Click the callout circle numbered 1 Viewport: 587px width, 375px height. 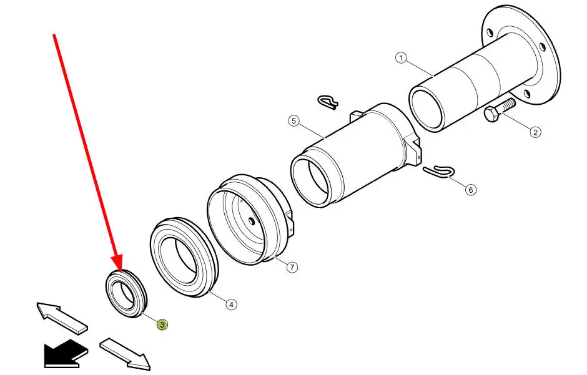pyautogui.click(x=401, y=58)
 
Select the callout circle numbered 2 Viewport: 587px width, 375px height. pyautogui.click(x=535, y=132)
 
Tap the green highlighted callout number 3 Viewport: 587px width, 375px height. pyautogui.click(x=162, y=324)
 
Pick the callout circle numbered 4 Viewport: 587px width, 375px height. pyautogui.click(x=231, y=304)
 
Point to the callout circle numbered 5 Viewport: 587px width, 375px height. pyautogui.click(x=294, y=121)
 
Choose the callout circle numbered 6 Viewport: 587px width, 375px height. pyautogui.click(x=471, y=190)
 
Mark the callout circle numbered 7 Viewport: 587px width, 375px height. pyautogui.click(x=292, y=267)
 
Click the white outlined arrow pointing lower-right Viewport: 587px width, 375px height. pyautogui.click(x=126, y=353)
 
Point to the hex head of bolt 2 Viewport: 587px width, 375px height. pyautogui.click(x=491, y=114)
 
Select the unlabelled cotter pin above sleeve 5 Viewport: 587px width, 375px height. pyautogui.click(x=328, y=102)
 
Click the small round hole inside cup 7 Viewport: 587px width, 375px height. pyautogui.click(x=252, y=222)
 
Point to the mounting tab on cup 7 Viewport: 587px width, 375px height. pyautogui.click(x=290, y=223)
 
